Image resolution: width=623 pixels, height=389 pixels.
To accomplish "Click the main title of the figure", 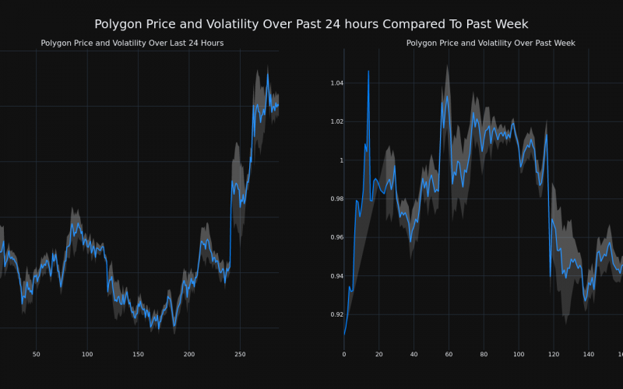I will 311,24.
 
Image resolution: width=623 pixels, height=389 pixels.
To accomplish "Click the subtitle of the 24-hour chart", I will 132,43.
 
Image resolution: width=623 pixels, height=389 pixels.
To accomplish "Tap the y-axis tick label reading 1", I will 339,160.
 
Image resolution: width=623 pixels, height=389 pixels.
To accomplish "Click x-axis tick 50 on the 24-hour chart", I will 36,354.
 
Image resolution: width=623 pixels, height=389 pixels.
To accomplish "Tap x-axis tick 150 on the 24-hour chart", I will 138,354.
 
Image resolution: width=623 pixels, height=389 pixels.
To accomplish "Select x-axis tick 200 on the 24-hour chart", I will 189,354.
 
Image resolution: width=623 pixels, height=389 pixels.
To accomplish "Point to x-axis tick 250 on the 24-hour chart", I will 240,354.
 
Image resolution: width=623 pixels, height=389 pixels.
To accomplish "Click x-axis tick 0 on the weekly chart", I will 343,354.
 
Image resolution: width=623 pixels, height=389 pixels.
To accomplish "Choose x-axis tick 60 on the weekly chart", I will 449,354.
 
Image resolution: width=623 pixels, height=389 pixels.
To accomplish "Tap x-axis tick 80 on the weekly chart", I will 484,354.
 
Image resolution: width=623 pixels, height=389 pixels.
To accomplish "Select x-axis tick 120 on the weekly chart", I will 554,354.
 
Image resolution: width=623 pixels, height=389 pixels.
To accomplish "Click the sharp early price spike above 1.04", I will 368,72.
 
